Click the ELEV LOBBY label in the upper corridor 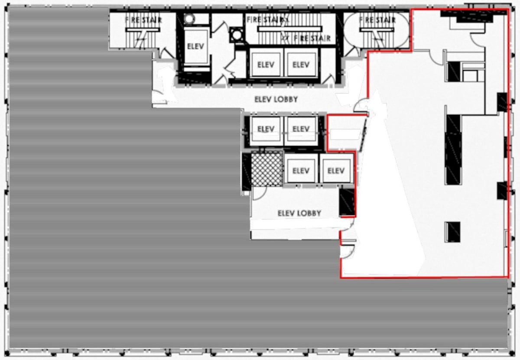tap(276, 99)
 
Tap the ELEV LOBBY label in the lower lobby tap(299, 213)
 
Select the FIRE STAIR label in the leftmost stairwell tap(143, 20)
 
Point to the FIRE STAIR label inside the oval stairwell tap(377, 20)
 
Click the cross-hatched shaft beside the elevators tap(267, 170)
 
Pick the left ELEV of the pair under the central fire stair tap(266, 65)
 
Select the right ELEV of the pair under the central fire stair tap(301, 65)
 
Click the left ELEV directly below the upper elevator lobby tap(266, 129)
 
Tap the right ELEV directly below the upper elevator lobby tap(301, 129)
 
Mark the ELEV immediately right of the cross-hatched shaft tap(300, 170)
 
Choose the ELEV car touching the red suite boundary tap(335, 170)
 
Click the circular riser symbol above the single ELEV tap(190, 19)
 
